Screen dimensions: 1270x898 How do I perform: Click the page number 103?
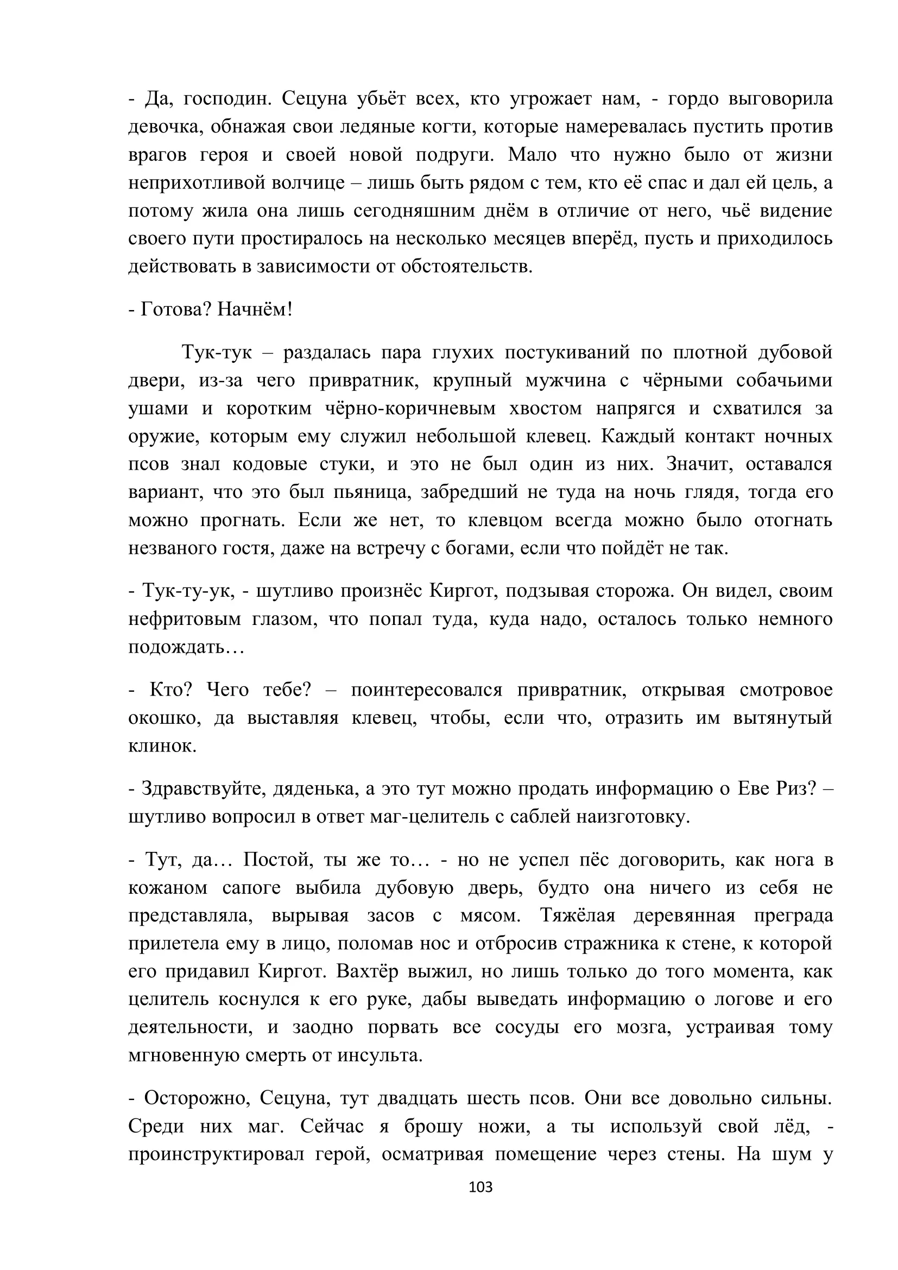tap(480, 1186)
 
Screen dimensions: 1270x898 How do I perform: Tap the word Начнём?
tap(254, 309)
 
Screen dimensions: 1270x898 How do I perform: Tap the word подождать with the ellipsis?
tap(186, 647)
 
